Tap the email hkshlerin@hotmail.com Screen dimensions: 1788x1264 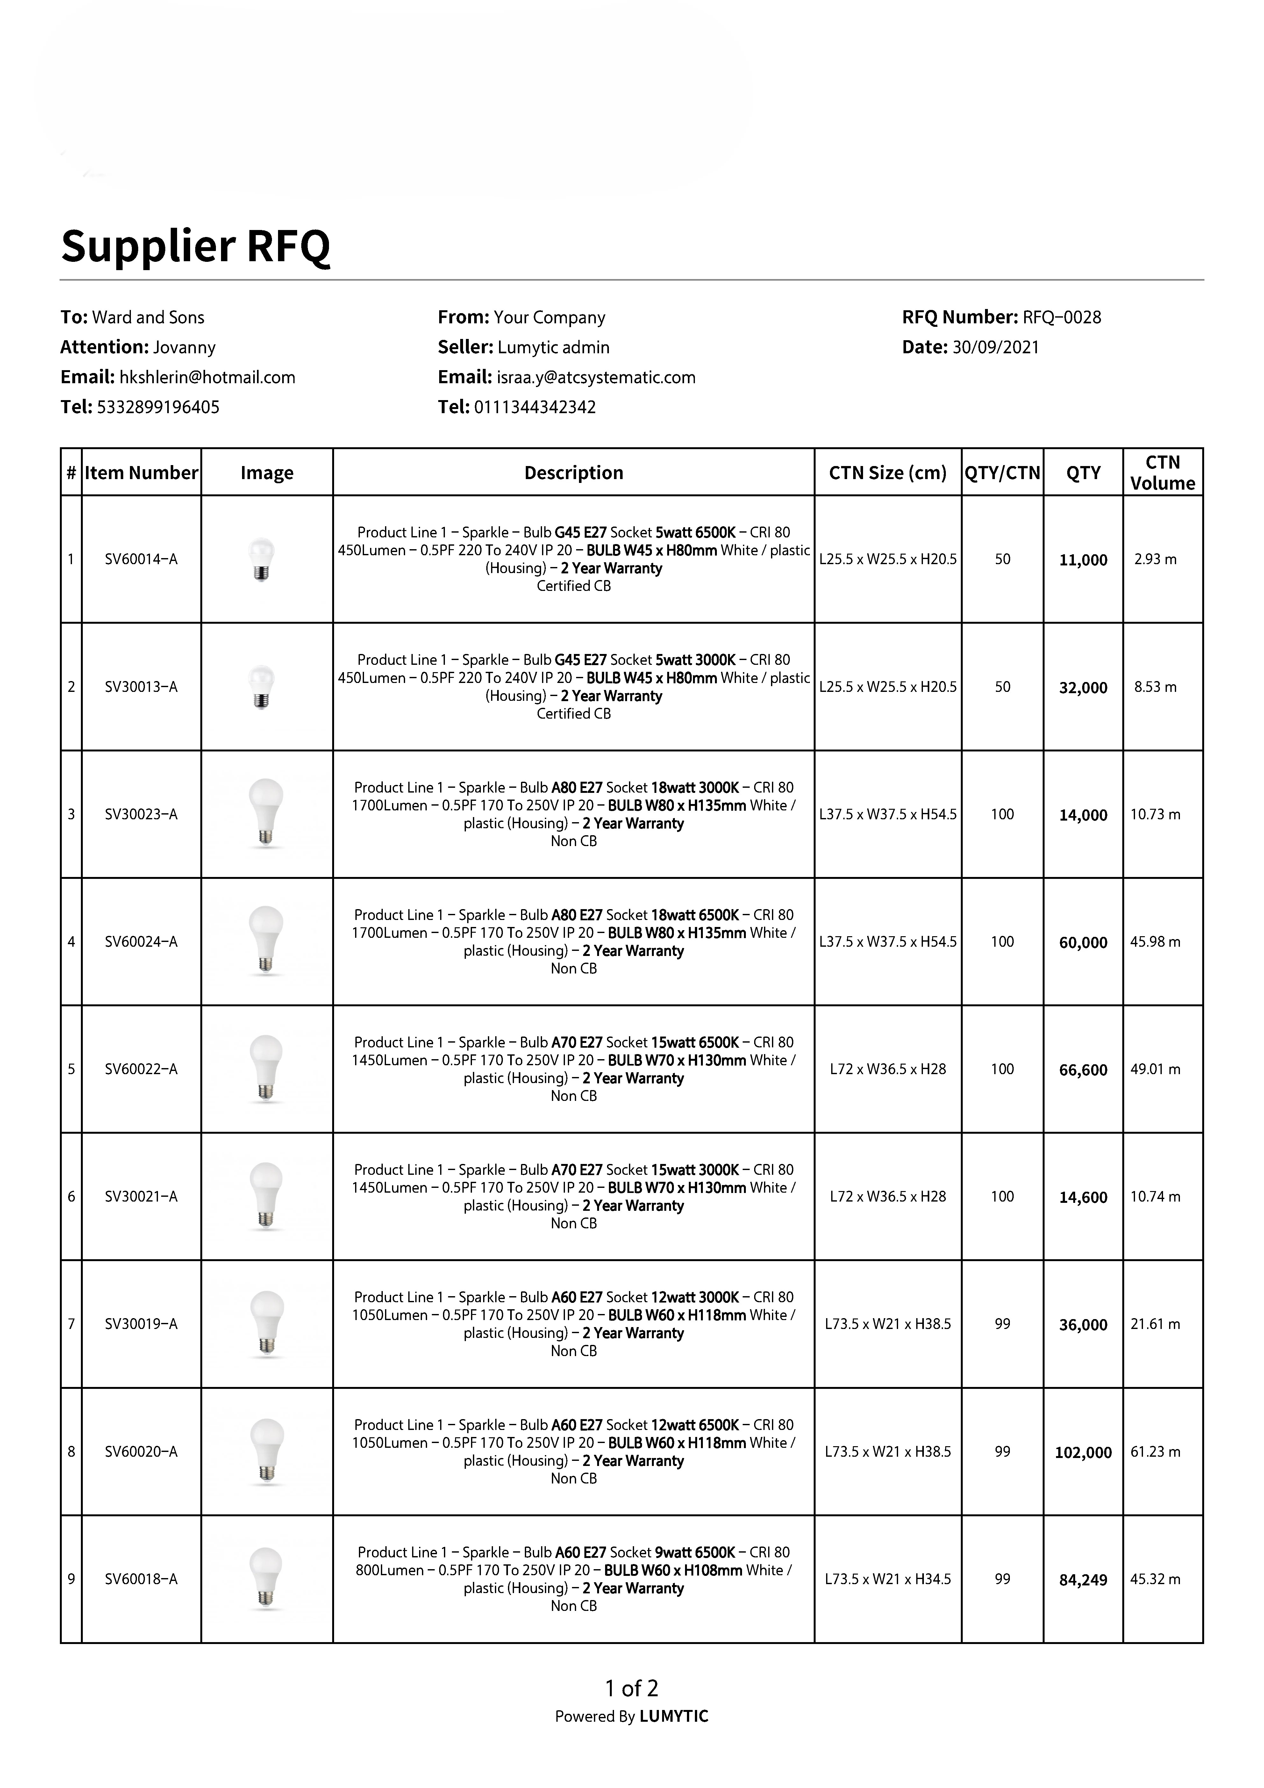pos(207,378)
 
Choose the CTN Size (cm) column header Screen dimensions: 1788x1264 pos(887,473)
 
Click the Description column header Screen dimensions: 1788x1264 pos(574,473)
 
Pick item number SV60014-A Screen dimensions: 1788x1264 pos(141,559)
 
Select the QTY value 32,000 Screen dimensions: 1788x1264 pos(1083,688)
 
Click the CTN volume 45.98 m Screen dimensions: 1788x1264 pos(1155,942)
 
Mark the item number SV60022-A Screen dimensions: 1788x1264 pos(141,1069)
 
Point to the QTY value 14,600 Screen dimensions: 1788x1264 pos(1083,1198)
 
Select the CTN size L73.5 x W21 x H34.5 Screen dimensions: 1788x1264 pos(887,1579)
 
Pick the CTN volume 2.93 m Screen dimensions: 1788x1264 pos(1155,559)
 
